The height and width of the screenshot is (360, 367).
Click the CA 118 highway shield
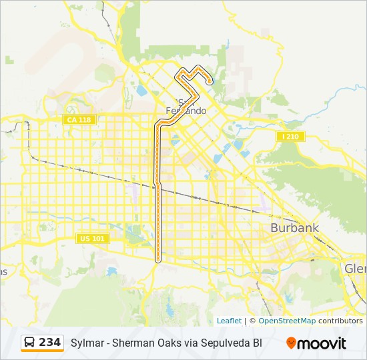point(79,119)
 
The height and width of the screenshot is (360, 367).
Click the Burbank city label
point(294,228)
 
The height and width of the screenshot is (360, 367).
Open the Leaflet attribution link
point(229,321)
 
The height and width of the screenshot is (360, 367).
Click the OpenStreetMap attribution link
point(287,321)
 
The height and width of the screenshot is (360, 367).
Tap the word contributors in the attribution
point(340,321)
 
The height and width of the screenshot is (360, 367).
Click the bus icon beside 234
point(30,343)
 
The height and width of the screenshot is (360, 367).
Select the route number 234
point(50,343)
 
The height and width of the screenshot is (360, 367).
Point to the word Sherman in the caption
point(131,343)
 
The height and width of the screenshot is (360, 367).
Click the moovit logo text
point(322,343)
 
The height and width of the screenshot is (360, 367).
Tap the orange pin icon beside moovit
point(291,343)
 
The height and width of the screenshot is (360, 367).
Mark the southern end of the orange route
point(158,259)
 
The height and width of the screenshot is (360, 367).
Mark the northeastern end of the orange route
point(210,81)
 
